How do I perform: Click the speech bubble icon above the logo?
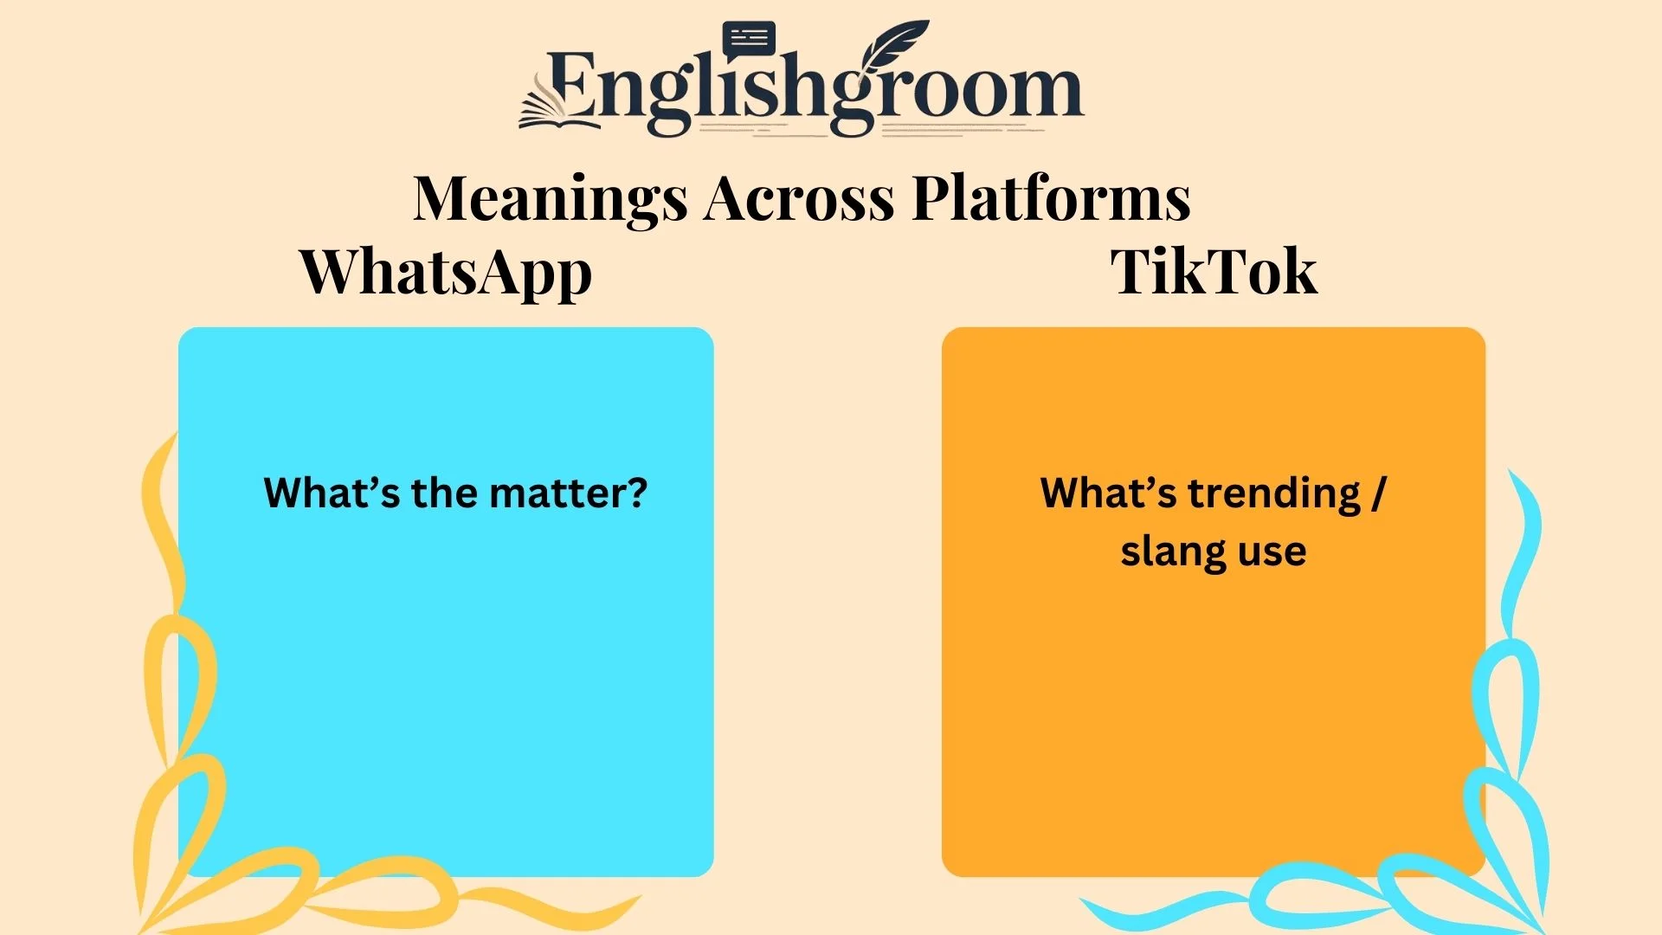click(x=748, y=40)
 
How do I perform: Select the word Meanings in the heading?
click(x=551, y=199)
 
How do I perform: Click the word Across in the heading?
click(x=798, y=199)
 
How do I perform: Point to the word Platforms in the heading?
click(x=1051, y=199)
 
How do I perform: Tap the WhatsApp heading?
click(x=446, y=273)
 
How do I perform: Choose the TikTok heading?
click(x=1214, y=273)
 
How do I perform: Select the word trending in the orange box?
click(x=1274, y=493)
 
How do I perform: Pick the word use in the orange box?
click(x=1272, y=551)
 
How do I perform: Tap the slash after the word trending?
click(x=1378, y=493)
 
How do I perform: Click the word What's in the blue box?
click(x=332, y=493)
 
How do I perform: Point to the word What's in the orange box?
click(x=1108, y=493)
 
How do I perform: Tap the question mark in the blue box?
click(x=637, y=493)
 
